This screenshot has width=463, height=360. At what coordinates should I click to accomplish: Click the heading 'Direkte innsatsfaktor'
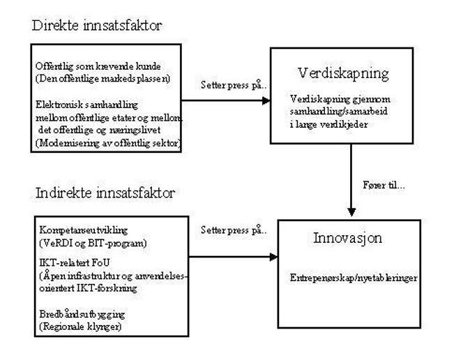pos(97,25)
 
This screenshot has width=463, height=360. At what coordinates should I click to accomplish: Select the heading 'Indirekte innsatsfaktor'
pos(105,193)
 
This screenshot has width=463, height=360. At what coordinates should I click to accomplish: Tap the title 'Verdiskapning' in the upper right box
pos(343,74)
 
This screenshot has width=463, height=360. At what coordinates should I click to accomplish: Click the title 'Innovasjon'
pos(347,238)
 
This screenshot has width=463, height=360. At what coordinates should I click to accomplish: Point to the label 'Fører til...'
pos(384,185)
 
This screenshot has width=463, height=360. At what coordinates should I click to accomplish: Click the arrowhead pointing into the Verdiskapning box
pos(266,100)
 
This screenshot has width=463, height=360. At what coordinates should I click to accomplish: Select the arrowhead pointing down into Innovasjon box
pos(351,212)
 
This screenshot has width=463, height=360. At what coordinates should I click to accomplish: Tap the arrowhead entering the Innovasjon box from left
pos(274,257)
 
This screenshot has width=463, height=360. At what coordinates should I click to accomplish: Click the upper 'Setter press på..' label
pos(234,85)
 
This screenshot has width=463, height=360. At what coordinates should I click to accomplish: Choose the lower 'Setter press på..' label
pos(234,230)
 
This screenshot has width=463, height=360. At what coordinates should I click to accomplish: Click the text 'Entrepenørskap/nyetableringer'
pos(354,278)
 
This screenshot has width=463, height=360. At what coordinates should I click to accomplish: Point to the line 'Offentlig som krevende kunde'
pos(98,66)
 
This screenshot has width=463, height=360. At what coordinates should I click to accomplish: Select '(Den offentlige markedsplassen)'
pos(103,79)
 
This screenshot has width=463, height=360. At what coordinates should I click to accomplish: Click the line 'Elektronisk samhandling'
pos(86,105)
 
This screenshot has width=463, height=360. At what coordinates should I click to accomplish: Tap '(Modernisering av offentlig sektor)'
pos(108,143)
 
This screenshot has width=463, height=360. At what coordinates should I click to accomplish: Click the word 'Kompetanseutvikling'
pos(84,230)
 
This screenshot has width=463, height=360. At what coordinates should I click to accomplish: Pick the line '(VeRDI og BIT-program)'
pos(93,243)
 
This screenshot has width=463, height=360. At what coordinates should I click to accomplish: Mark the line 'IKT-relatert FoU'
pos(75,262)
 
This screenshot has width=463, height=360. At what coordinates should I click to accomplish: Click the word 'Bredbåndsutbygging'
pos(82,315)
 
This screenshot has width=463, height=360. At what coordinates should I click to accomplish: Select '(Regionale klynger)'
pos(80,327)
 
